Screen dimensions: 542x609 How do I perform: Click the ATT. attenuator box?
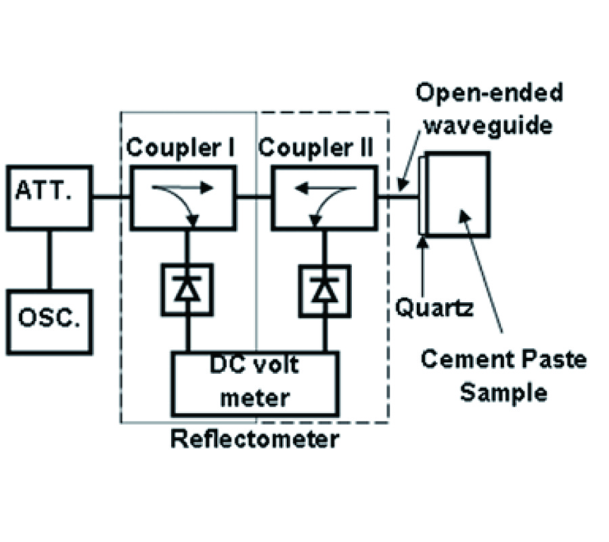[x=49, y=196]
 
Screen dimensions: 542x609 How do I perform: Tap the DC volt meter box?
[x=255, y=383]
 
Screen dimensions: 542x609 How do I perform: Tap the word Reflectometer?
[x=254, y=439]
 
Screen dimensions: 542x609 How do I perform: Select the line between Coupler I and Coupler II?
[x=254, y=197]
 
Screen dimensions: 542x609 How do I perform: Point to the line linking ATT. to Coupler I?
[x=110, y=197]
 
